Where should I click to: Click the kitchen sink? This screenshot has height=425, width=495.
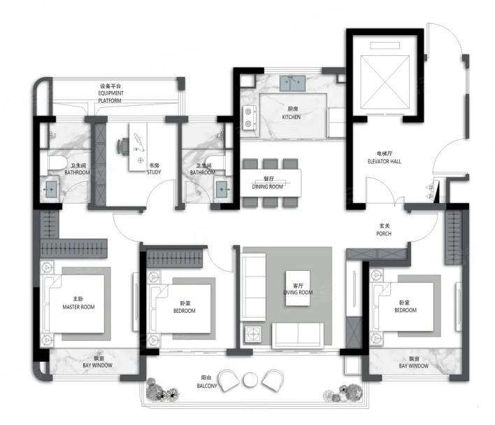coord(292,83)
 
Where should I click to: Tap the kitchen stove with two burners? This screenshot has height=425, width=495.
coord(250,118)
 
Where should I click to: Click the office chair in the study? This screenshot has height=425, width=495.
coord(123,146)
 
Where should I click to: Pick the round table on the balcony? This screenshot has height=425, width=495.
coord(250,380)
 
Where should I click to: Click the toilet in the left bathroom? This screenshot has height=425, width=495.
coord(57,163)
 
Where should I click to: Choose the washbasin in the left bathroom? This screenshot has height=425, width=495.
coord(50,190)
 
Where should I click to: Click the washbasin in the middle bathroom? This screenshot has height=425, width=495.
coord(223,190)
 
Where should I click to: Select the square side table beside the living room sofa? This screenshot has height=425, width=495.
coord(252,334)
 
